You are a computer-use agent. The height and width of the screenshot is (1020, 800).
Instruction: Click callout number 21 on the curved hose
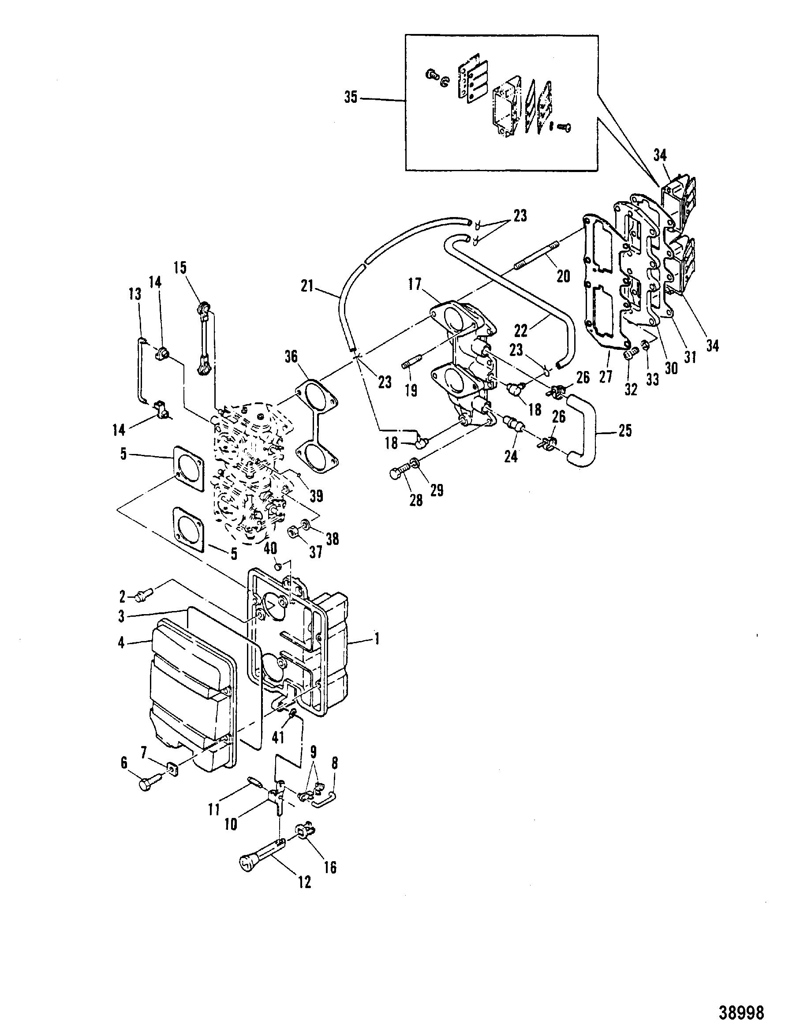point(307,286)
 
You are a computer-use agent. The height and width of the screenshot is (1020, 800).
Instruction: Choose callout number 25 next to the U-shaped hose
point(625,430)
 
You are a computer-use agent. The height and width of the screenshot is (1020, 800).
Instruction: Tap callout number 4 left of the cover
point(121,643)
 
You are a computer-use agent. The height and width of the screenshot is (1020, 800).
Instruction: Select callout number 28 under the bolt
point(415,501)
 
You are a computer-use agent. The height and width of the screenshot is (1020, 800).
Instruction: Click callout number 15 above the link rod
point(180,268)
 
